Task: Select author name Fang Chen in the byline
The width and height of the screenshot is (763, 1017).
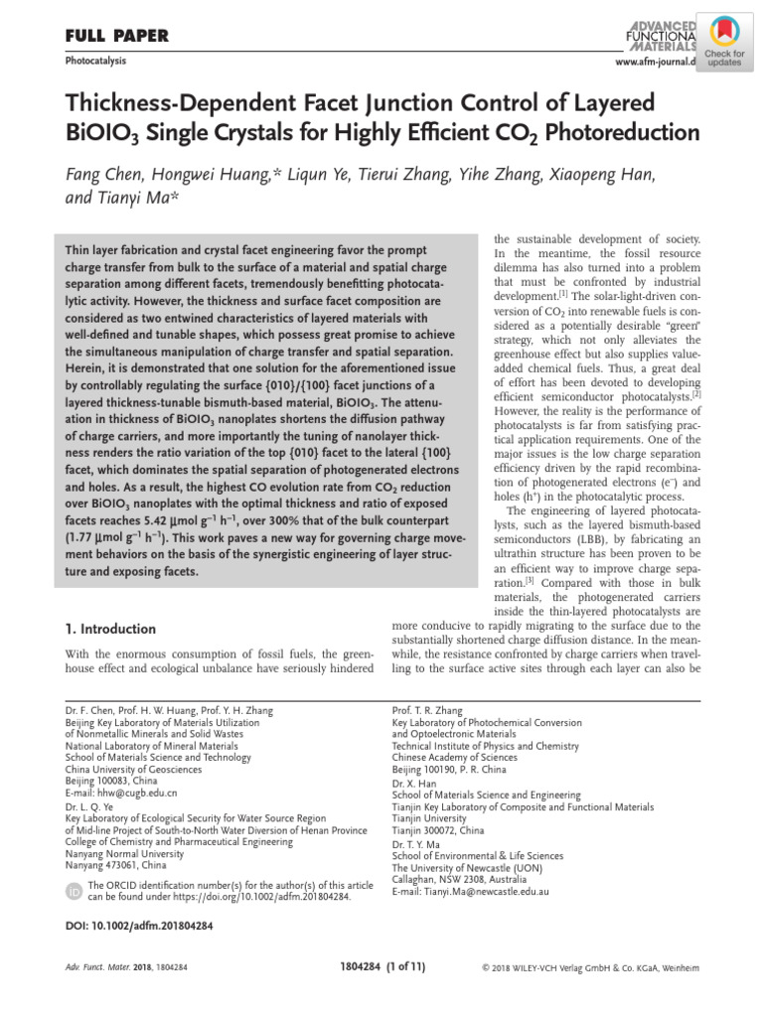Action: (107, 176)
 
